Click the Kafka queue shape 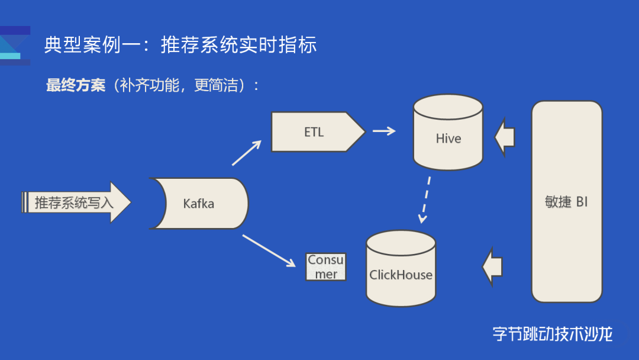(199, 204)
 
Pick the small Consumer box (325, 267)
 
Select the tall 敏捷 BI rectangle (566, 202)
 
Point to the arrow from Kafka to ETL (246, 153)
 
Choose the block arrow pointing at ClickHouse (492, 267)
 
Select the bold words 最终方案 (75, 86)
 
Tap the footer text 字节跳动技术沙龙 (553, 334)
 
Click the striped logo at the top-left (15, 44)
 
